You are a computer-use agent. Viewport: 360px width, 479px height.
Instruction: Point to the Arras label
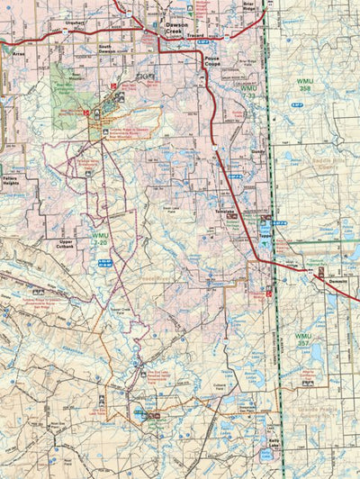coord(19,53)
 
